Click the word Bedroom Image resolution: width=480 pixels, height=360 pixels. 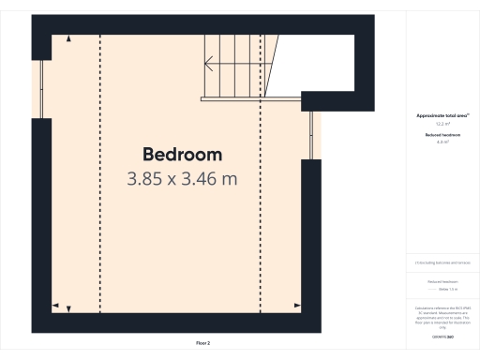(182, 154)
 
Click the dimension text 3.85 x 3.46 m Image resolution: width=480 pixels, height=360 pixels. (182, 177)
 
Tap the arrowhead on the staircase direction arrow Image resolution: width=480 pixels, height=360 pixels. (208, 66)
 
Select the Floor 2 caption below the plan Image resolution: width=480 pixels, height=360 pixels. (202, 343)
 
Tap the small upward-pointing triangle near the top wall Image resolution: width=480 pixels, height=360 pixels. (68, 38)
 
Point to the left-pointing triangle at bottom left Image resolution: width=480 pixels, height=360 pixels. (54, 306)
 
